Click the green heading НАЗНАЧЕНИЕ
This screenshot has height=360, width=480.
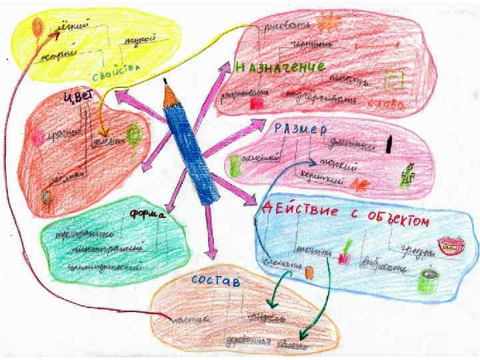point(280,67)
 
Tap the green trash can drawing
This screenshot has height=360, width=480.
point(425,280)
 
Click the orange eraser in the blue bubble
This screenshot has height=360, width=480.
point(309,271)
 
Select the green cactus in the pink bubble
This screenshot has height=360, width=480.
point(409,175)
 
